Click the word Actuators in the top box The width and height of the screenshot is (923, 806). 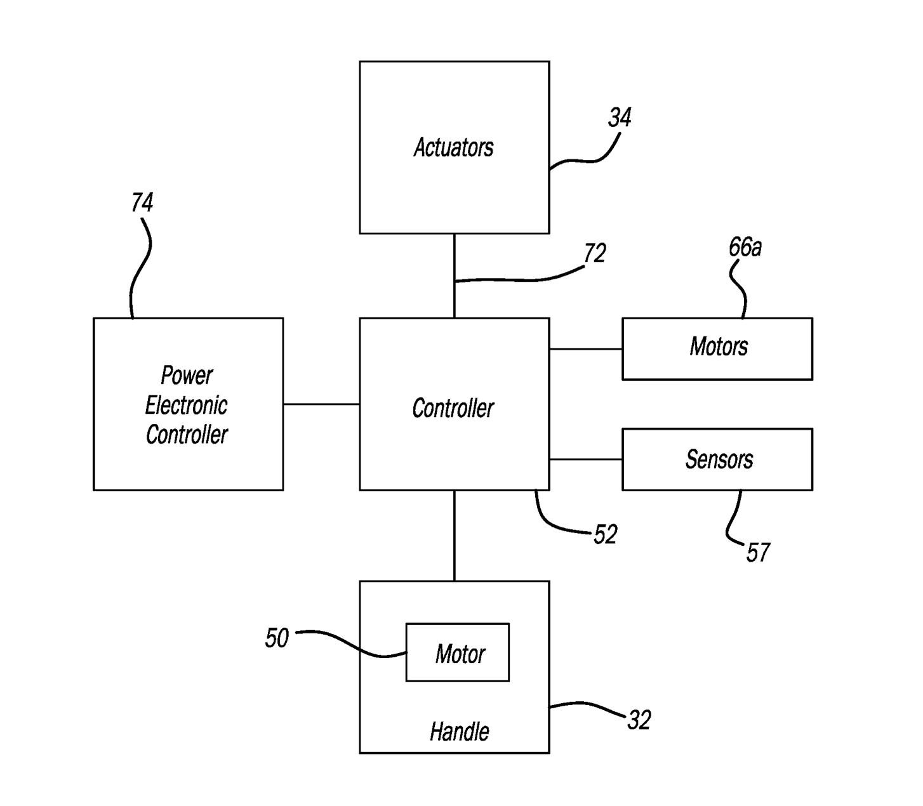coord(453,147)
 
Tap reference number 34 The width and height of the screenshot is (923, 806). coord(620,117)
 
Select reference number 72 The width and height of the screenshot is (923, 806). coord(595,254)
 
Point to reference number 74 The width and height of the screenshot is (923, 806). coord(142,202)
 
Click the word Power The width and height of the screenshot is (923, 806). coord(187,375)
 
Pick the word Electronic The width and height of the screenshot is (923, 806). coord(186,405)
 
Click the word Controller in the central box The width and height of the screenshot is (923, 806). coord(453,408)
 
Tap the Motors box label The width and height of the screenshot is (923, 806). coord(719,347)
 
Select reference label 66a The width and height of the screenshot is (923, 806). coord(745,247)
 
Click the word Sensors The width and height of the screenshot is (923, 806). coord(719,459)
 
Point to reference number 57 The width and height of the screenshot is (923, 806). coord(758,553)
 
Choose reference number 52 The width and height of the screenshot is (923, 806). coord(605,535)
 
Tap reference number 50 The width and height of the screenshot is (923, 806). coord(277,638)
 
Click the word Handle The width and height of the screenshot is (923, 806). coord(459,732)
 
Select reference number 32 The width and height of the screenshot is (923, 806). coord(639,720)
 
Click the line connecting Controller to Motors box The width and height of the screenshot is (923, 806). coord(585,348)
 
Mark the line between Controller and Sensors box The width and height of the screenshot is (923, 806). coord(585,459)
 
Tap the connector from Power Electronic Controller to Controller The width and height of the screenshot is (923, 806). coord(321,404)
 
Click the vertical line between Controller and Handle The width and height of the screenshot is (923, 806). coord(455,535)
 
